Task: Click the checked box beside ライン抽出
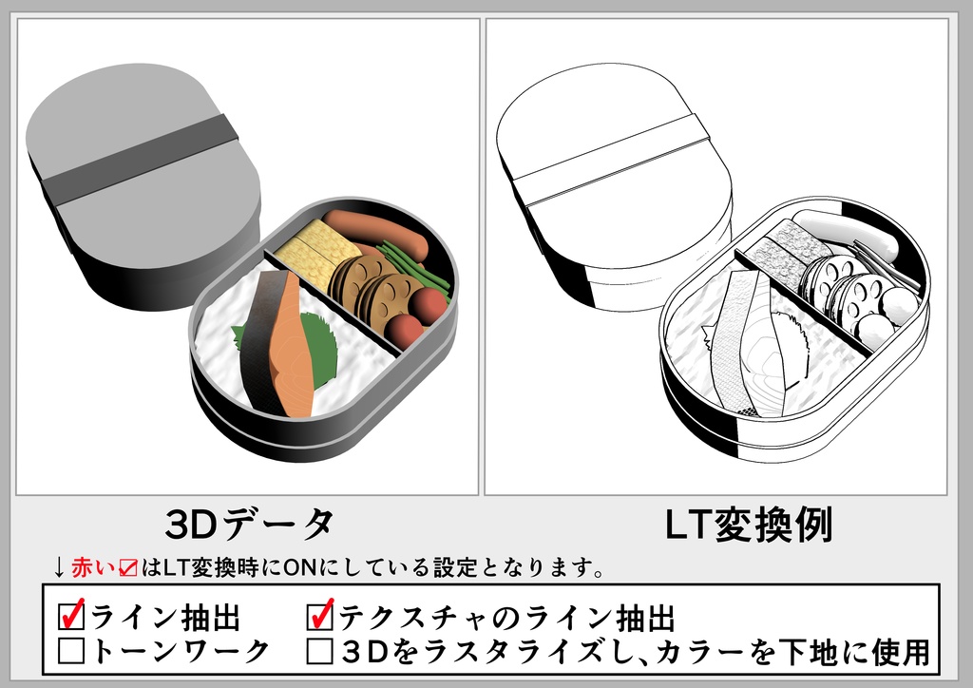point(71,618)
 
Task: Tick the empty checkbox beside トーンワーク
point(71,652)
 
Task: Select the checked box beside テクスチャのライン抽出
point(320,618)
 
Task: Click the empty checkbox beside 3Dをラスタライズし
point(320,652)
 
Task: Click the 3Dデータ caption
point(249,524)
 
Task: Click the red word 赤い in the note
point(92,568)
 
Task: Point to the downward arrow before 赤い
point(59,568)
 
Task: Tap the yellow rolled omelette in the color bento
point(315,249)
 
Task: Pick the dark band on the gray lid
point(143,162)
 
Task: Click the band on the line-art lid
point(613,162)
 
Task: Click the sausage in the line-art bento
point(846,233)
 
